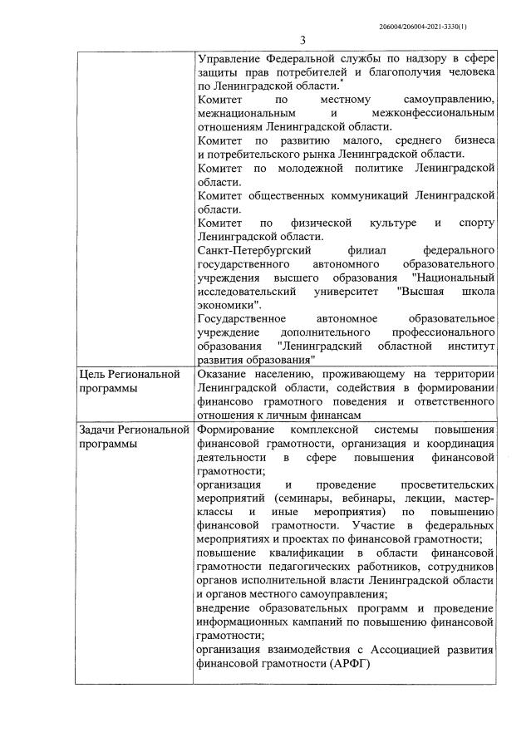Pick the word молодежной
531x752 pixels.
point(320,169)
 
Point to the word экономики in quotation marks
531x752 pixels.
point(229,304)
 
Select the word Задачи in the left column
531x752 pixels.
point(98,430)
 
